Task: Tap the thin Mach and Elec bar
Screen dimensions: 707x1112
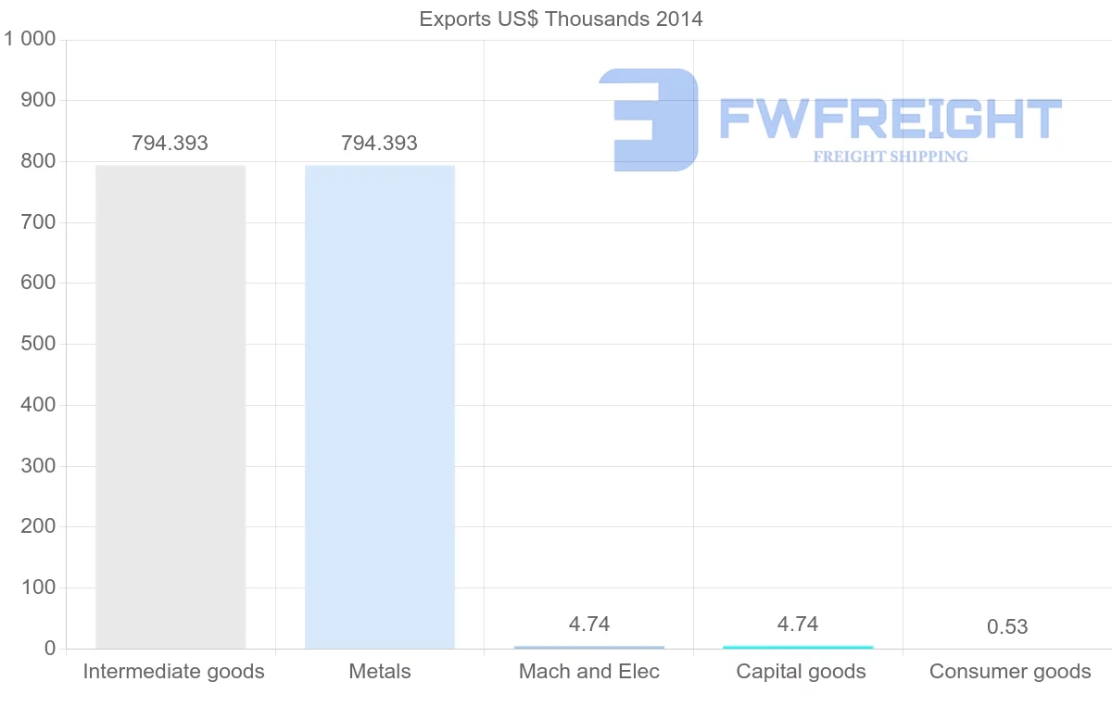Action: pyautogui.click(x=589, y=647)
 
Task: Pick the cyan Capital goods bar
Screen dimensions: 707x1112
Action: pyautogui.click(x=798, y=647)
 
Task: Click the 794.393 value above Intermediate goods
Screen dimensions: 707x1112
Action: pyautogui.click(x=171, y=144)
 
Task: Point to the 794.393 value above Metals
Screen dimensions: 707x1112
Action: pyautogui.click(x=380, y=144)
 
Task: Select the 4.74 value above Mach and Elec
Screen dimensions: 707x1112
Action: pyautogui.click(x=589, y=625)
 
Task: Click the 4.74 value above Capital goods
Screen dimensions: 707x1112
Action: pyautogui.click(x=798, y=625)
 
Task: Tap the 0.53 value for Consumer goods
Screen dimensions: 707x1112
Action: pyautogui.click(x=1007, y=627)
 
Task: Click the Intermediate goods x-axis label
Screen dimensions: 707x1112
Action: pyautogui.click(x=174, y=672)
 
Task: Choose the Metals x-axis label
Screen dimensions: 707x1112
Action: pyautogui.click(x=380, y=672)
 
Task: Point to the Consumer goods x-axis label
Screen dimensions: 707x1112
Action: pyautogui.click(x=1010, y=672)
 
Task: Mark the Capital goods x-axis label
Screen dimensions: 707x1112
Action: pyautogui.click(x=802, y=672)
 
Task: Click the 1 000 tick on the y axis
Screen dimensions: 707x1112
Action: pyautogui.click(x=31, y=39)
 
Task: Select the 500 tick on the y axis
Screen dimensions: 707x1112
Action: pyautogui.click(x=38, y=344)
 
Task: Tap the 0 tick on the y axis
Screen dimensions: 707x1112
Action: pyautogui.click(x=50, y=649)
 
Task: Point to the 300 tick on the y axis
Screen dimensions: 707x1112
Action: pyautogui.click(x=38, y=466)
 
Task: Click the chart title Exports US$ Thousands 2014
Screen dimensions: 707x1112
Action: pyautogui.click(x=562, y=19)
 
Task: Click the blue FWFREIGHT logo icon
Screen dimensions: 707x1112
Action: pyautogui.click(x=650, y=120)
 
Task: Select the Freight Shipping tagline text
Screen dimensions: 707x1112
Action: pyautogui.click(x=891, y=157)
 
